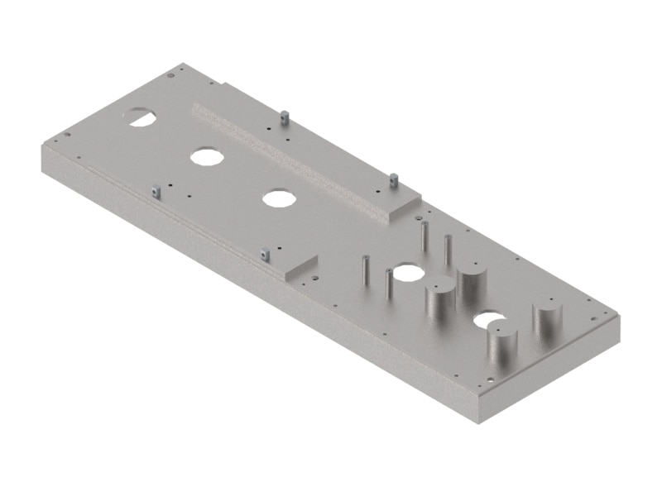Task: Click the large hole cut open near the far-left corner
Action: (141, 116)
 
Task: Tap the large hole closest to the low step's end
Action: (279, 198)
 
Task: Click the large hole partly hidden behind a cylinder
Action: (488, 317)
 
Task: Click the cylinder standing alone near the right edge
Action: (547, 322)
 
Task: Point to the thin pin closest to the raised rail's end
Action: (424, 235)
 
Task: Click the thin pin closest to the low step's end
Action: (363, 269)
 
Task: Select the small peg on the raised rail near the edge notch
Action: (284, 117)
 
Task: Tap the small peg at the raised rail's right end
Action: (395, 179)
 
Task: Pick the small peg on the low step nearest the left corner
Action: (155, 192)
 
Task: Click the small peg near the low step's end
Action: (265, 255)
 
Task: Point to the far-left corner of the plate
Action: (41, 145)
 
